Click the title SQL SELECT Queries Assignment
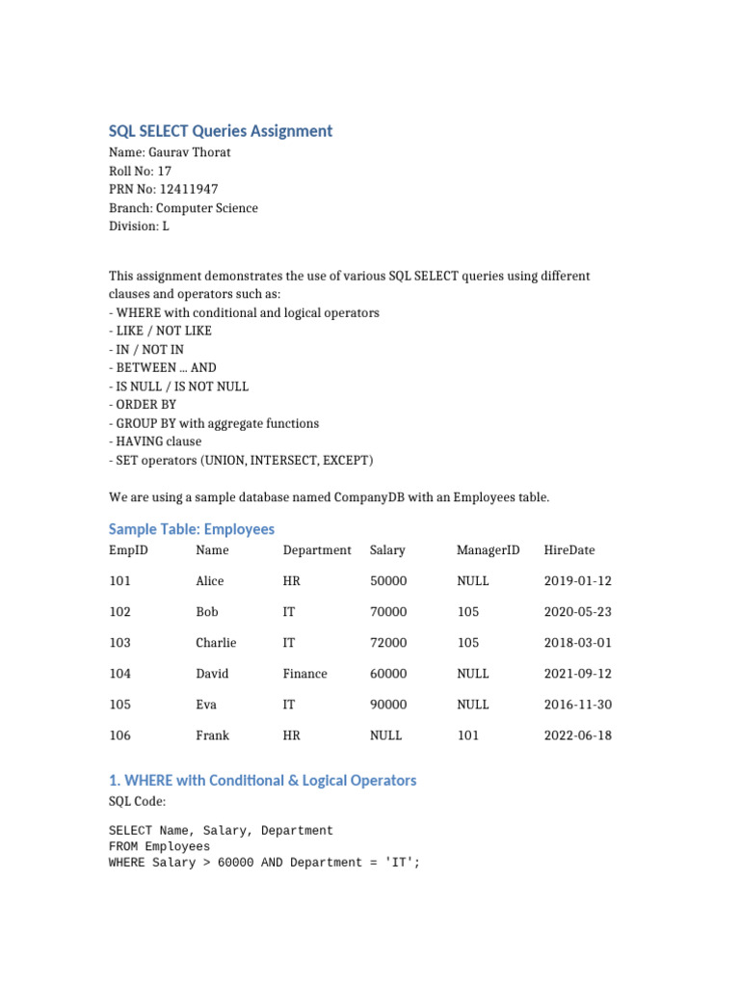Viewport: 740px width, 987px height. click(221, 131)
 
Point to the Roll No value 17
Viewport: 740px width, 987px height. click(165, 171)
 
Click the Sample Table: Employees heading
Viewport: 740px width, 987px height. click(192, 529)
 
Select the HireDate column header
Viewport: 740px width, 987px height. click(569, 550)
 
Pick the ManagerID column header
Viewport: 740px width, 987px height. click(488, 550)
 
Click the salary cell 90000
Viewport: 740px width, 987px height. click(388, 705)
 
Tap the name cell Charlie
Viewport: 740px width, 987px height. click(216, 643)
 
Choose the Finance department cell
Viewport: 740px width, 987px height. click(304, 674)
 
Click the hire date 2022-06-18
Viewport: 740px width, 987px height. click(577, 735)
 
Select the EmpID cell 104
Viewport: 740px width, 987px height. click(119, 674)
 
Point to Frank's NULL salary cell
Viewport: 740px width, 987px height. click(385, 735)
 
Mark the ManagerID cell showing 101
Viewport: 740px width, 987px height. click(467, 735)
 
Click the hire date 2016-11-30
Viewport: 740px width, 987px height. click(577, 705)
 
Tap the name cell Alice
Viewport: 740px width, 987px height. click(209, 581)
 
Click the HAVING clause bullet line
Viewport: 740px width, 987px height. click(155, 441)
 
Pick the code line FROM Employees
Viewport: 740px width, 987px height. click(159, 846)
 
